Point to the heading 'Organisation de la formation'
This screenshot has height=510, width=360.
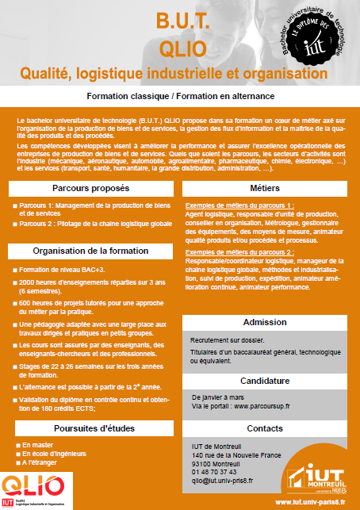(x=90, y=251)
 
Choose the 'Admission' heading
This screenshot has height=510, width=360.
(x=270, y=323)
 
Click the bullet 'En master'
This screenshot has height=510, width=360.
(x=37, y=445)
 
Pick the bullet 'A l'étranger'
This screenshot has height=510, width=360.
(x=40, y=462)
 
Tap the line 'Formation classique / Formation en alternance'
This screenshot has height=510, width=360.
(x=181, y=95)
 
